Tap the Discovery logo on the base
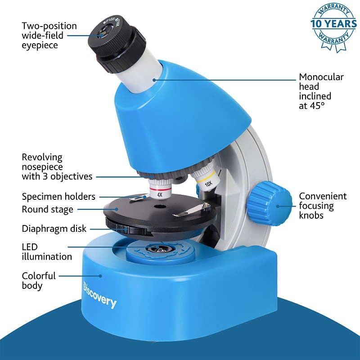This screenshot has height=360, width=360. pos(100,295)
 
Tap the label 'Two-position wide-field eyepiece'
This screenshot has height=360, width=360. pos(49,36)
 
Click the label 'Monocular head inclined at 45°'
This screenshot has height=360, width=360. pos(321,91)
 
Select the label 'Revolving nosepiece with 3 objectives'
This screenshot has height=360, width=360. pos(57,167)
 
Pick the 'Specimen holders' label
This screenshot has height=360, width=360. pos(58,197)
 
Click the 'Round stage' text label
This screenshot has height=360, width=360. pos(47,209)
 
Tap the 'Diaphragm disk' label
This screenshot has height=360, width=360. pos(54,229)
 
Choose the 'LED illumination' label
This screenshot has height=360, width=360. pos(47,252)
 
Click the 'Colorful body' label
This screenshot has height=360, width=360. pos(39,280)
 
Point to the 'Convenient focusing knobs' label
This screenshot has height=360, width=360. pos(323,206)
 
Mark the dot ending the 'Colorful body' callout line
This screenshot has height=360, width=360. pos(101,275)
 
